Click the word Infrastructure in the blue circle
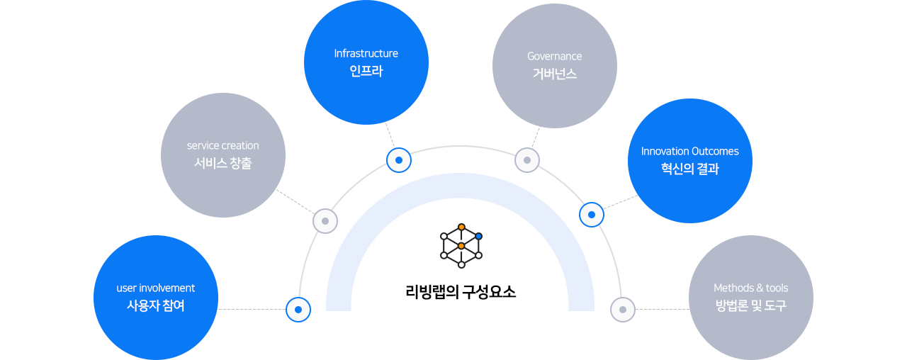[x=366, y=54]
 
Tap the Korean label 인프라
[x=366, y=72]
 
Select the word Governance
[x=554, y=57]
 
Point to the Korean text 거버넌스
[x=554, y=74]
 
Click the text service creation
[x=222, y=146]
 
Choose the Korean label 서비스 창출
[x=222, y=164]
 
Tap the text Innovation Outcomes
[x=689, y=152]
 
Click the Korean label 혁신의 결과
[x=689, y=169]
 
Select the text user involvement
[x=155, y=288]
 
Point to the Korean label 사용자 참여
[x=155, y=306]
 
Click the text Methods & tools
[x=750, y=288]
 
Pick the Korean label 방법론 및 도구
[x=750, y=306]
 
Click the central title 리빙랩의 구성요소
[x=461, y=292]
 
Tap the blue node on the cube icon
[x=479, y=236]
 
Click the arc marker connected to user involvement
[x=298, y=310]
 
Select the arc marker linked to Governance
[x=526, y=160]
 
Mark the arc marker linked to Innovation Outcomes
[x=592, y=214]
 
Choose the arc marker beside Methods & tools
[x=623, y=310]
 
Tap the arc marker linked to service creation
[x=325, y=221]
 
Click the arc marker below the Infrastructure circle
[x=399, y=160]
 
